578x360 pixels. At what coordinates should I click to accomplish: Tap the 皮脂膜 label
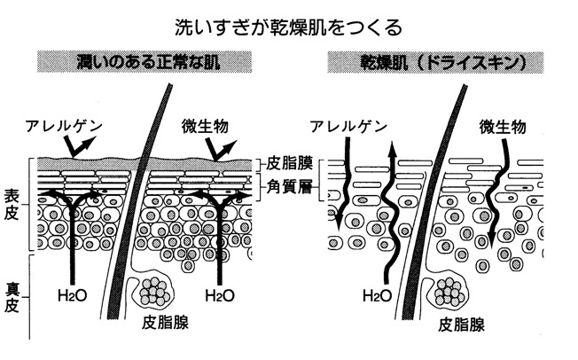[288, 165]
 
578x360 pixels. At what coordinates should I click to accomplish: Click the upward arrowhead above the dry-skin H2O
[390, 151]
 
